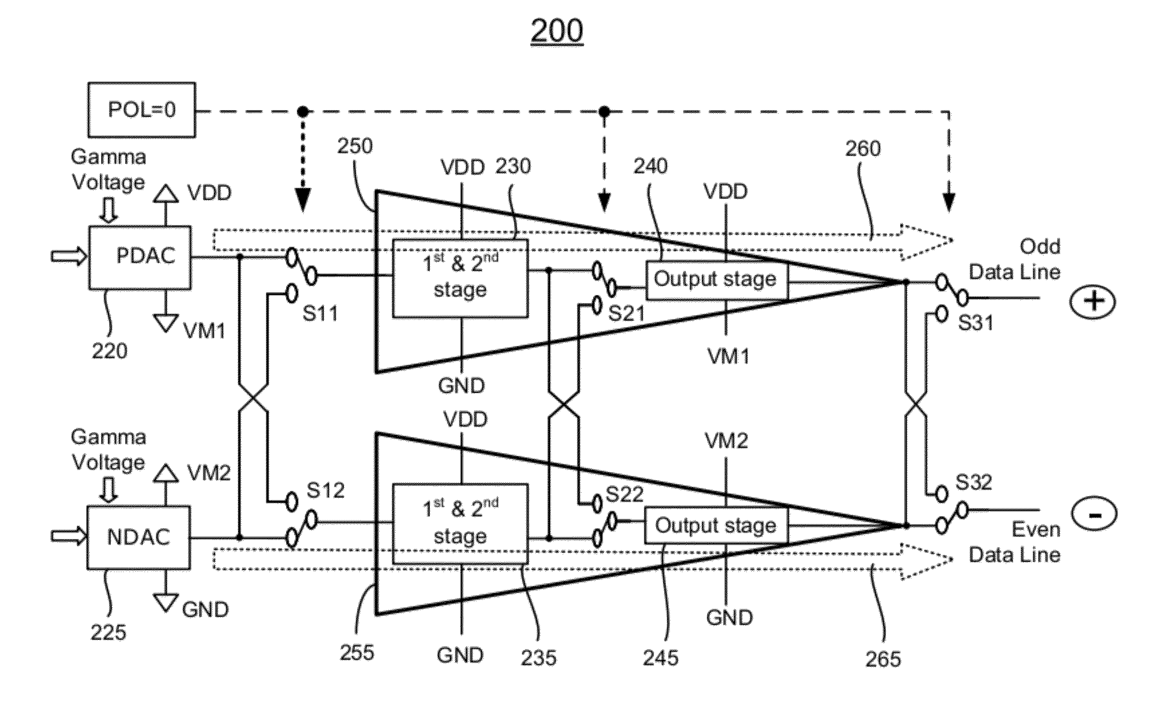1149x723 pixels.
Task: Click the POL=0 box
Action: [142, 110]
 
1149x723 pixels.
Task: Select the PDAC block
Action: [140, 258]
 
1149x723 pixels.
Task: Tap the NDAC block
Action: [139, 537]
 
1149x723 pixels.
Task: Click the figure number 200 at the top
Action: [557, 31]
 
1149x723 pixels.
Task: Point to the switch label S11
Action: [320, 313]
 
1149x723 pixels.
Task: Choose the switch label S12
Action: [325, 490]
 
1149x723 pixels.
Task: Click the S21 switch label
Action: [626, 313]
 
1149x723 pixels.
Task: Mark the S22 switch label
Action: [624, 494]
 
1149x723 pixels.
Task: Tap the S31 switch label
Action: [976, 323]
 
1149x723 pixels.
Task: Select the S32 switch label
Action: [974, 482]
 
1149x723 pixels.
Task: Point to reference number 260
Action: [863, 148]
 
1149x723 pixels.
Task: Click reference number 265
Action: [883, 659]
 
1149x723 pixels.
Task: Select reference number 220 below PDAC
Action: [109, 351]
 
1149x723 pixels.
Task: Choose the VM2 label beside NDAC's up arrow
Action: [209, 473]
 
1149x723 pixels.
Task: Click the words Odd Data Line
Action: [1014, 259]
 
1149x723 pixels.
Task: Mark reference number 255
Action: [357, 652]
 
